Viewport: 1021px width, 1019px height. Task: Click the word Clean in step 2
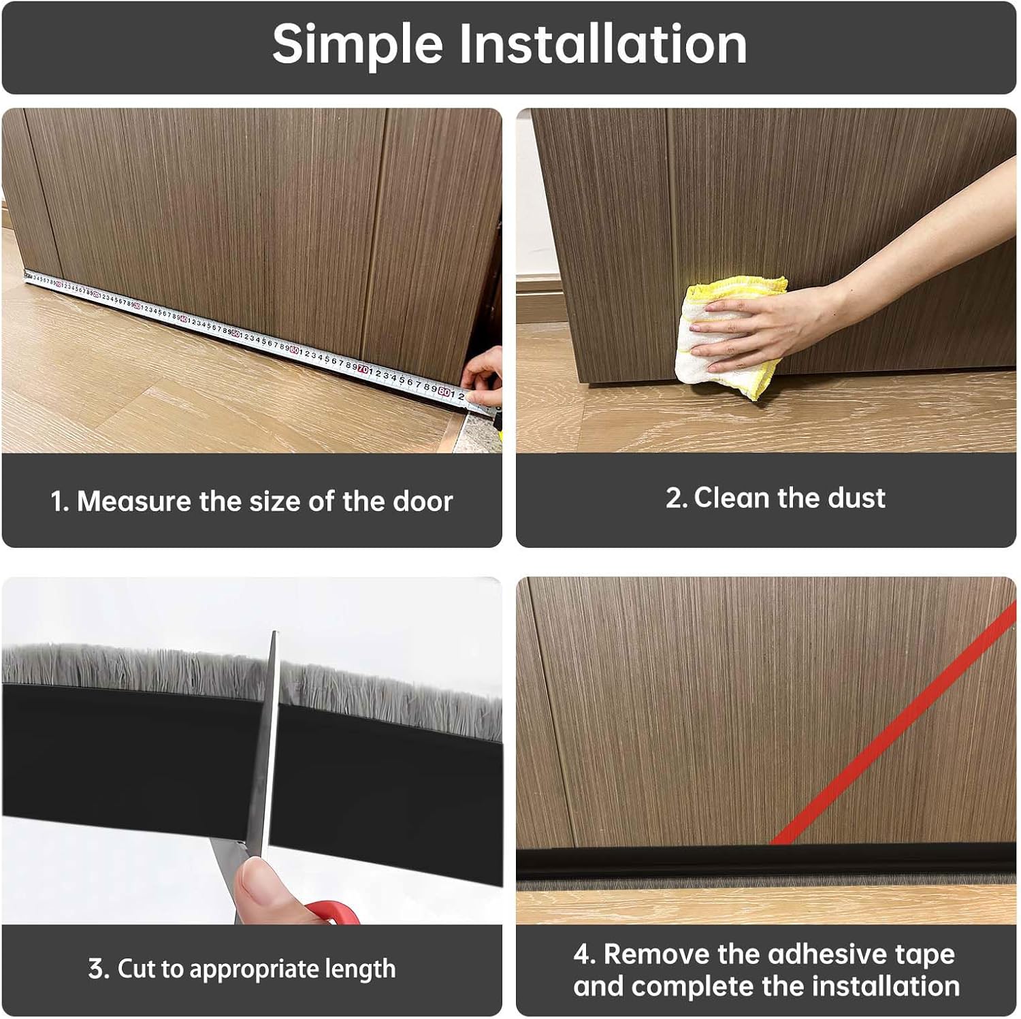[x=732, y=498]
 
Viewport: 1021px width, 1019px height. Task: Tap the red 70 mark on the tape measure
[x=364, y=370]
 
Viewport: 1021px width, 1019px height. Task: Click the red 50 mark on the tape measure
[x=236, y=334]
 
